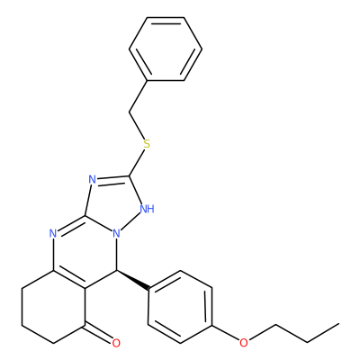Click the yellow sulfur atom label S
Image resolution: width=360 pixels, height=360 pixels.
point(147,144)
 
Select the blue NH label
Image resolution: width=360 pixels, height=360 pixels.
point(148,209)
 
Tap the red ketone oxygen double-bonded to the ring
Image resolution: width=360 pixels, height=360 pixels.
point(116,343)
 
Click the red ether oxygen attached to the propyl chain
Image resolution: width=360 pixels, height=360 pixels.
point(244,343)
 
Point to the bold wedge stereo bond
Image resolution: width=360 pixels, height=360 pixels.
point(133,280)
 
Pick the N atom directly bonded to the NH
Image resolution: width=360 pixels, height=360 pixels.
point(117,233)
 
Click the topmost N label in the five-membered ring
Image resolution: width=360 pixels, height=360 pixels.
point(93,180)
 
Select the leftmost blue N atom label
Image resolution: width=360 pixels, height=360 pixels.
point(53,233)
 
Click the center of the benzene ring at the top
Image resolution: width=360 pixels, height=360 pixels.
point(166,49)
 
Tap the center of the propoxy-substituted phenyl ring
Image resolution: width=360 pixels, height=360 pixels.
point(180,307)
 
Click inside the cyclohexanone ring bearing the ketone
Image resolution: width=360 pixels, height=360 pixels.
point(54,307)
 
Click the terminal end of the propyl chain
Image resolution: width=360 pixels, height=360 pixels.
point(339,324)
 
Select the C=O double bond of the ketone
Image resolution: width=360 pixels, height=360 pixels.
point(98,333)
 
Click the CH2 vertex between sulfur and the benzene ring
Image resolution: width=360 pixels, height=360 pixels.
point(130,112)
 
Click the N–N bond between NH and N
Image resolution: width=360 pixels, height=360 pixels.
point(130,222)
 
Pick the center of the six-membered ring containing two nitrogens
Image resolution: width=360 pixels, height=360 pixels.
point(85,252)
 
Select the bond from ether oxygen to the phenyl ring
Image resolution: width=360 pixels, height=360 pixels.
point(226,333)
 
